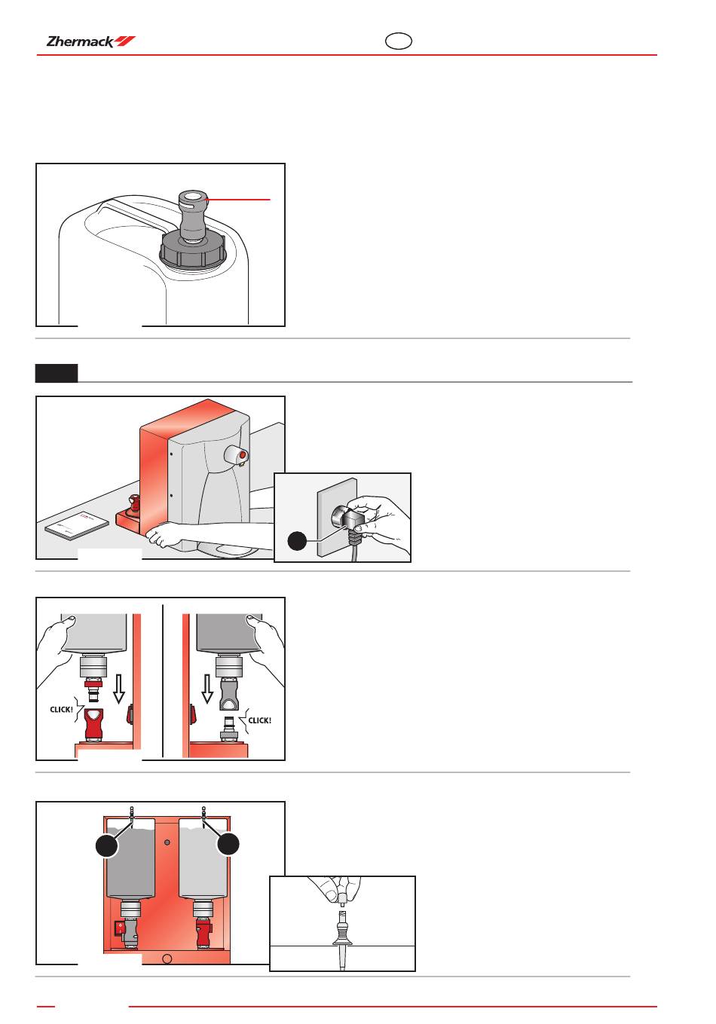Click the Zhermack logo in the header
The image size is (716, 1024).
[91, 41]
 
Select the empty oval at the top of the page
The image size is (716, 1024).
[398, 41]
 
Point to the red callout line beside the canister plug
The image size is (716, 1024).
[238, 200]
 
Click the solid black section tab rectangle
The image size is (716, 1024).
[57, 373]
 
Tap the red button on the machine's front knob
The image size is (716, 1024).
[242, 455]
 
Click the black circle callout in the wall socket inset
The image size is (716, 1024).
[297, 541]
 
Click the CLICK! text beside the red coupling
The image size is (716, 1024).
[61, 710]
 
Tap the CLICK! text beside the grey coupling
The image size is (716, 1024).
[260, 720]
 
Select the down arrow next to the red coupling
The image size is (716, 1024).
[119, 689]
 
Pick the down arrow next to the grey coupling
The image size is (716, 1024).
[207, 689]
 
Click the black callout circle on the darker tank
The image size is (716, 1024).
[107, 846]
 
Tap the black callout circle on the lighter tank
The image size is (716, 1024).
[228, 844]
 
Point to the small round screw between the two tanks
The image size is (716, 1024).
[167, 842]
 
